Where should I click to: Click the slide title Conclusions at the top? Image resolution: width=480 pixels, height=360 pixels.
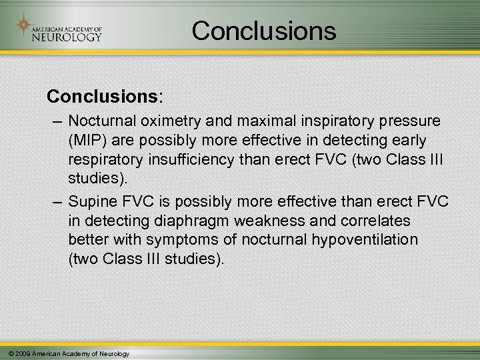265,30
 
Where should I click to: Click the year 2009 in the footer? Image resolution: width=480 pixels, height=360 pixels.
20,353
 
